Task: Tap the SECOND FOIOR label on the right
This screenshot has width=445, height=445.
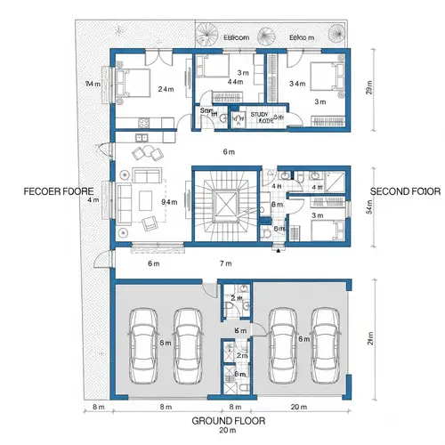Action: (405, 191)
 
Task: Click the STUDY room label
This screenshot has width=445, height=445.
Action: (259, 115)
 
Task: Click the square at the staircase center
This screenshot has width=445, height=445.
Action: (225, 206)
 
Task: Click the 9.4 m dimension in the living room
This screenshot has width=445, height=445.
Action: (167, 203)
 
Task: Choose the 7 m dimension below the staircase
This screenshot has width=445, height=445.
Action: (225, 264)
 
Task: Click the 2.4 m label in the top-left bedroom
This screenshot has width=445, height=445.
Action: (166, 90)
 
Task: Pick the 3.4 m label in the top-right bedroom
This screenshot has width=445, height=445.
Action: (297, 83)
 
